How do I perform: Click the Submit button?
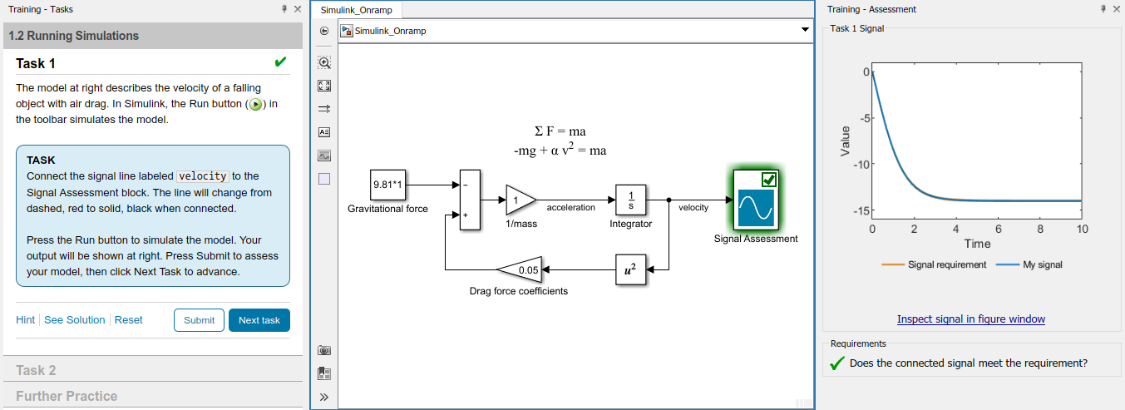[199, 320]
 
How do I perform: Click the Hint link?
[25, 320]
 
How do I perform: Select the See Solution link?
[74, 320]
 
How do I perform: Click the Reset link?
[128, 320]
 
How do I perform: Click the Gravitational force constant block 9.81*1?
[387, 185]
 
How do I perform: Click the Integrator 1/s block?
[631, 200]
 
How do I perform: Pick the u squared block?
[630, 269]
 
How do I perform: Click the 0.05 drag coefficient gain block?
[521, 269]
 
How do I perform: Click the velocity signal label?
[693, 207]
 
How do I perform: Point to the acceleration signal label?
[571, 207]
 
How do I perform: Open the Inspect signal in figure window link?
[970, 319]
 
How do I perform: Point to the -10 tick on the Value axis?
[861, 165]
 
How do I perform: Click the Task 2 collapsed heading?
[36, 370]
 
